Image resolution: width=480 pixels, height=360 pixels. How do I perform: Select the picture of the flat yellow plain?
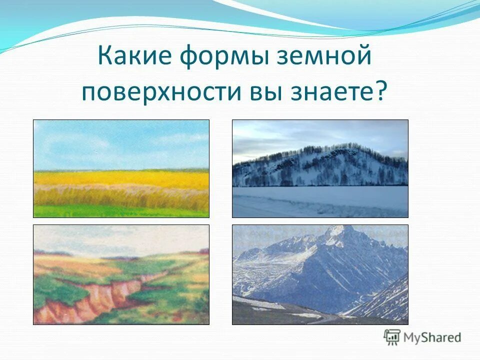pos(121,168)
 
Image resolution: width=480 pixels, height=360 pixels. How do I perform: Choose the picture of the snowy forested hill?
pos(320,168)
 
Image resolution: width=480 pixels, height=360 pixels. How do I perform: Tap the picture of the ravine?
pos(121,274)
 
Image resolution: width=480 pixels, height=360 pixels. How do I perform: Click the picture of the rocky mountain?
pos(320,274)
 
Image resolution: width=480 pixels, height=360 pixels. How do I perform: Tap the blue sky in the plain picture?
pos(121,142)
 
